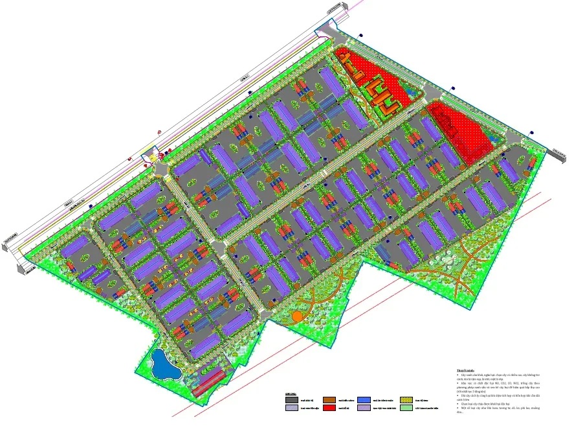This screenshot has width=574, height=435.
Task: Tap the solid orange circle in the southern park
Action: tap(297, 316)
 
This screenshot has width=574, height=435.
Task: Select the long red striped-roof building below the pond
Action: tap(208, 382)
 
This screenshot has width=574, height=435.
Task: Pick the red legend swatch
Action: tap(329, 408)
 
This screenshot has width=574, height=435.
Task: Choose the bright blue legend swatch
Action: tap(364, 400)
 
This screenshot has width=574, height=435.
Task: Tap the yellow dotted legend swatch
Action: tap(406, 400)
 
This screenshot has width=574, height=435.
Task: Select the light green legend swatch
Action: tap(406, 408)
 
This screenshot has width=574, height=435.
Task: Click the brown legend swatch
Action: tap(329, 400)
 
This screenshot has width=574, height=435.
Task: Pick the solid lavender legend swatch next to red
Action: tap(364, 408)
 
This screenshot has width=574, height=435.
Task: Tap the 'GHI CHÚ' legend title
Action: tap(291, 394)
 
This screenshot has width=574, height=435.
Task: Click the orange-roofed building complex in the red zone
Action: tap(379, 91)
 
